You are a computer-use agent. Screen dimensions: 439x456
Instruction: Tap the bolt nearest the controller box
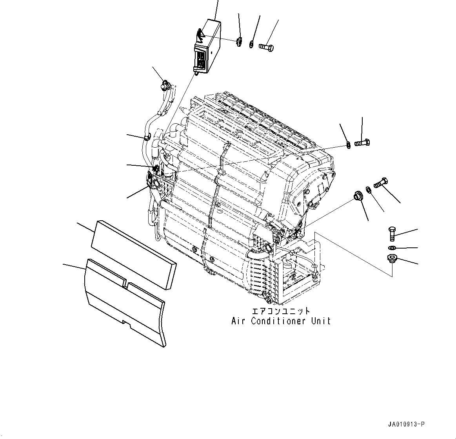pyautogui.click(x=267, y=48)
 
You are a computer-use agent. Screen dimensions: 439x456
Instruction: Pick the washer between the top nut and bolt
pyautogui.click(x=251, y=45)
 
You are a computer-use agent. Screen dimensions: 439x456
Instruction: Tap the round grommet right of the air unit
pyautogui.click(x=358, y=196)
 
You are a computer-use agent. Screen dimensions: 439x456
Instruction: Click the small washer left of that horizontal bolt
pyautogui.click(x=348, y=146)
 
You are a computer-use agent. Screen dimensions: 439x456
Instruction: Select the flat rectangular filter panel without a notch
pyautogui.click(x=133, y=254)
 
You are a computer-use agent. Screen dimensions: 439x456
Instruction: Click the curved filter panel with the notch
pyautogui.click(x=125, y=302)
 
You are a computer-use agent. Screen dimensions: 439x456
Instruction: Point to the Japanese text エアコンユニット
pyautogui.click(x=281, y=311)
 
